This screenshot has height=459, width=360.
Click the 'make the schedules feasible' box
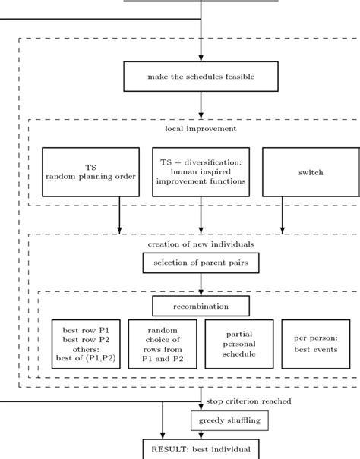coord(201,77)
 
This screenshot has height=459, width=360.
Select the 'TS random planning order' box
coord(90,171)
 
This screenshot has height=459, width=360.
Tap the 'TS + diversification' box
coord(201,171)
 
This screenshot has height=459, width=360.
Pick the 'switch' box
coord(311,171)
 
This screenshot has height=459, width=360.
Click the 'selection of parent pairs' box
coord(201,263)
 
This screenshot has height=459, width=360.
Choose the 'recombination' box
coord(201,306)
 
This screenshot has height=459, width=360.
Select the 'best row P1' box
coord(86,344)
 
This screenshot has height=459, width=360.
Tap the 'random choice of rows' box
coord(163,344)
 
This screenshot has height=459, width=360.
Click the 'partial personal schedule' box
coord(239,344)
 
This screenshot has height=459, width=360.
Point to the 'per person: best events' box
coord(316,344)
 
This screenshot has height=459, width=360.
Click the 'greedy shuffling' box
coord(229,420)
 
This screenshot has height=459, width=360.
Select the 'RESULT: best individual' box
coord(201,449)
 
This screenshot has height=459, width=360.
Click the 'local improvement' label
coord(201,129)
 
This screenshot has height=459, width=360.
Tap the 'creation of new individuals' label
coord(201,244)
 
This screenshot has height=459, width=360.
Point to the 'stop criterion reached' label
coord(248,401)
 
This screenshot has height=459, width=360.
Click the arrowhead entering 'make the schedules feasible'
coord(201,58)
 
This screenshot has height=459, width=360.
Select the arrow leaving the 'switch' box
coord(283,215)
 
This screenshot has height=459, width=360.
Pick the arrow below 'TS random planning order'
coord(119,215)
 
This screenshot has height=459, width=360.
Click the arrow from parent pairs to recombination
coord(201,285)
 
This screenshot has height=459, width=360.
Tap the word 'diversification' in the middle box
coord(213,162)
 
